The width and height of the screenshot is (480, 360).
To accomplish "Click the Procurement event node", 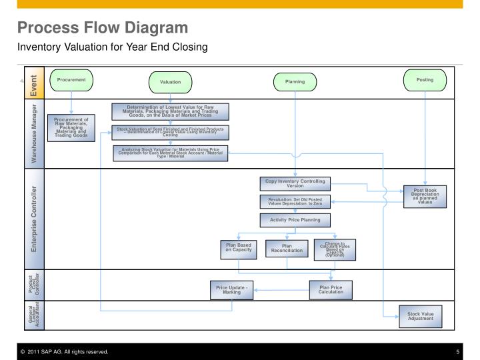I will click(x=71, y=80).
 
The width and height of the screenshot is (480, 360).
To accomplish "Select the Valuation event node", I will click(x=169, y=82).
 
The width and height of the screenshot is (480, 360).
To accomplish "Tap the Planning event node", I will click(x=295, y=82).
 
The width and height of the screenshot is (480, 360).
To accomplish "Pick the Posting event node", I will click(x=425, y=80).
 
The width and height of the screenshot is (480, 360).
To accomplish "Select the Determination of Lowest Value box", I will click(x=170, y=111).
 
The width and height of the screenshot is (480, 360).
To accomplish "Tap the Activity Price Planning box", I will click(x=294, y=220).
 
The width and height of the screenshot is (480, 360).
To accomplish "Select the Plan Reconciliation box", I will click(x=287, y=249).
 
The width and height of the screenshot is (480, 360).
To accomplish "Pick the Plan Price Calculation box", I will click(x=331, y=289).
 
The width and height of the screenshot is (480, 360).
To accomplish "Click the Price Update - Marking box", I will click(x=232, y=289).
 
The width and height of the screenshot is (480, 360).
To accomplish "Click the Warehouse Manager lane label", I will click(x=33, y=132).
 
